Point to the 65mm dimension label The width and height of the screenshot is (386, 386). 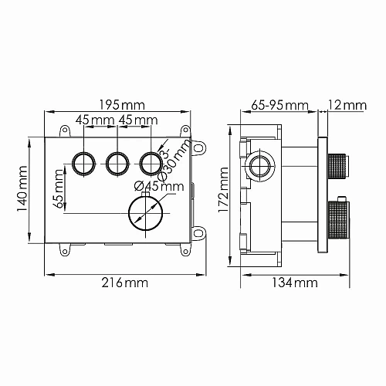59,189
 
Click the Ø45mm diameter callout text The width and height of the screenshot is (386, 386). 158,185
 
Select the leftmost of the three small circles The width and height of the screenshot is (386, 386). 82,163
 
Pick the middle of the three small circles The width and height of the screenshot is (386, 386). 117,163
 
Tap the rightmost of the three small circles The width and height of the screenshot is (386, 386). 151,163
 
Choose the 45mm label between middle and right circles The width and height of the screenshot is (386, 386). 137,120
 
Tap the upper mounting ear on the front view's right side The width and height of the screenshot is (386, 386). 201,145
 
